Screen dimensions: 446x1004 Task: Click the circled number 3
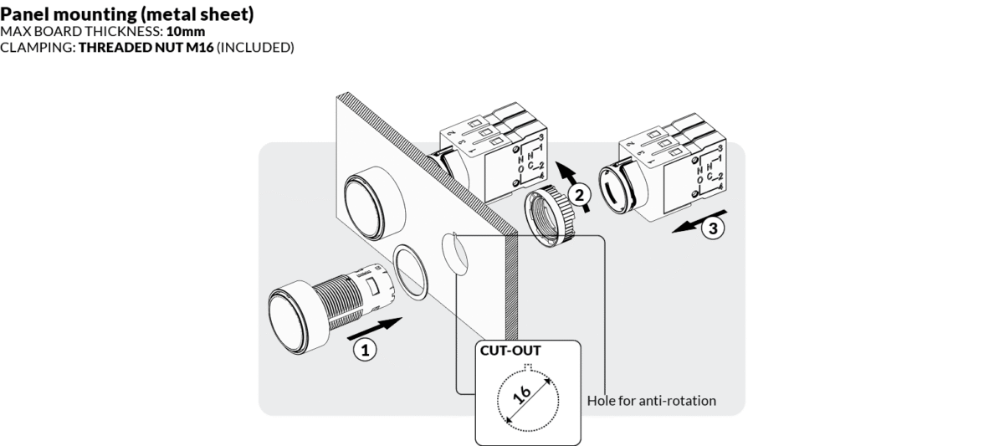pyautogui.click(x=711, y=228)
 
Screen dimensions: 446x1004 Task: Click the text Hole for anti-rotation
pyautogui.click(x=652, y=401)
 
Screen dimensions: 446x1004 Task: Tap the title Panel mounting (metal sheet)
pyautogui.click(x=127, y=15)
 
